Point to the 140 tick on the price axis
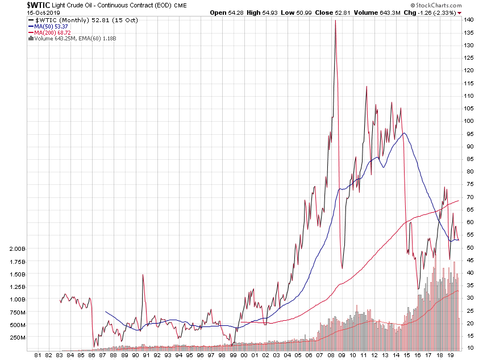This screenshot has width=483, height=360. [x=468, y=20]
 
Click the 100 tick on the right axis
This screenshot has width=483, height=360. [x=468, y=121]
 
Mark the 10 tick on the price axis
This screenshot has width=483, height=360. [x=467, y=347]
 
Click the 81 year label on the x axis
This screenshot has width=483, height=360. [x=38, y=354]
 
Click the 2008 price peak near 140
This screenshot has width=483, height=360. [x=335, y=21]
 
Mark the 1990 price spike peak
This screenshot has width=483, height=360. [x=143, y=275]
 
